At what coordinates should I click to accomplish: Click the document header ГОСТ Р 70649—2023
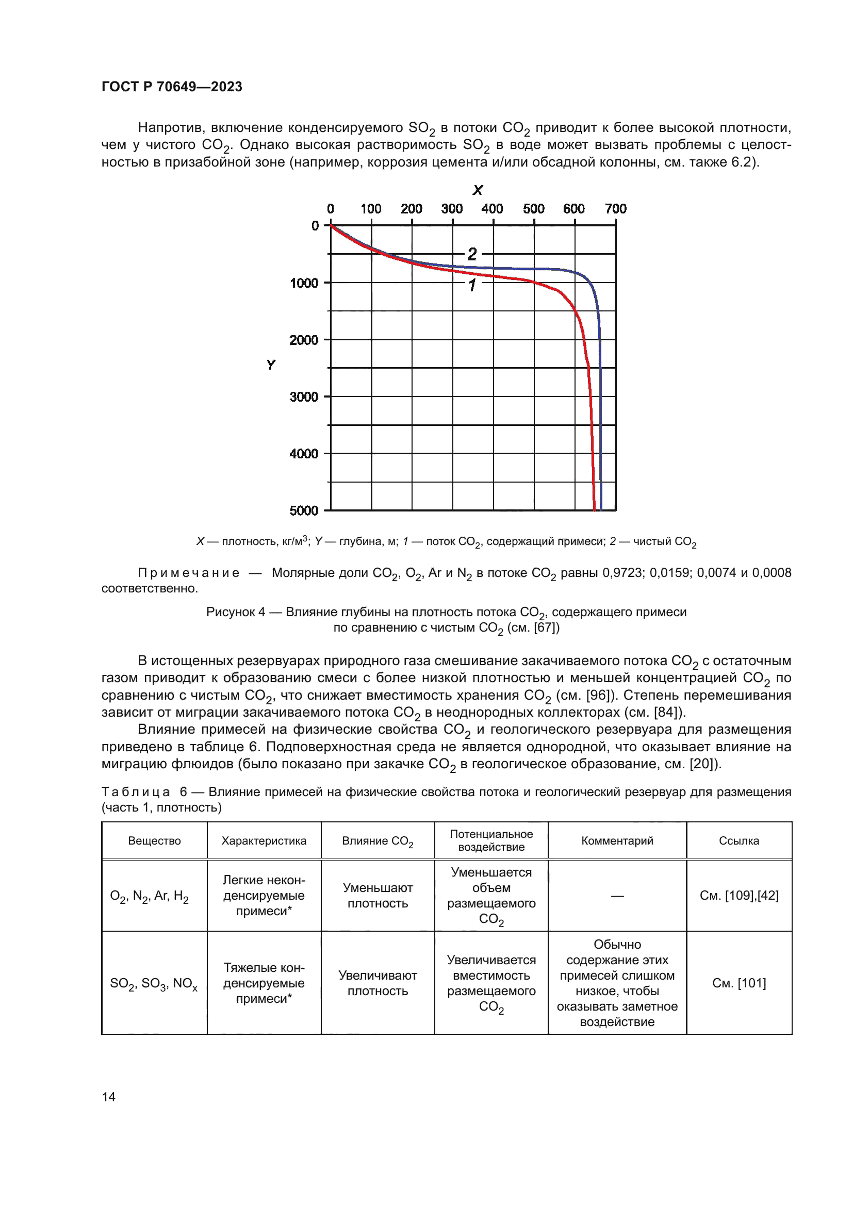click(172, 87)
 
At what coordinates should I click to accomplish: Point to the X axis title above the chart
click(478, 190)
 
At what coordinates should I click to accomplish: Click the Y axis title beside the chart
click(271, 365)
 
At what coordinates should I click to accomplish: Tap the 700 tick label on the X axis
click(615, 209)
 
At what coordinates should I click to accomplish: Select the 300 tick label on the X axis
click(452, 209)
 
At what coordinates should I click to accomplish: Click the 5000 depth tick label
click(304, 510)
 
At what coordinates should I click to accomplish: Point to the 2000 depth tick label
click(304, 340)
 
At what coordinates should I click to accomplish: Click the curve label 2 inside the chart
click(472, 254)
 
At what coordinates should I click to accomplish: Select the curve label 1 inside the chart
click(472, 285)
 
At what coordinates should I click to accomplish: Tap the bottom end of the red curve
click(594, 508)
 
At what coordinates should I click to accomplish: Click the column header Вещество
click(154, 841)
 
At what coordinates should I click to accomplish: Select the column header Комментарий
click(617, 841)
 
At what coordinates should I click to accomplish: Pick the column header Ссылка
click(739, 841)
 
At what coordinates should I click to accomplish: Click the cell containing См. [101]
click(739, 983)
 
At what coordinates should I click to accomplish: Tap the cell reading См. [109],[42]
click(739, 896)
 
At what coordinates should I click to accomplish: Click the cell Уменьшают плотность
click(378, 896)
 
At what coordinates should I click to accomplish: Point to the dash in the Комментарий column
click(617, 896)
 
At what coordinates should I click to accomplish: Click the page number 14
click(109, 1097)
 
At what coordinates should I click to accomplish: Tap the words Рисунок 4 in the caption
click(235, 612)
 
